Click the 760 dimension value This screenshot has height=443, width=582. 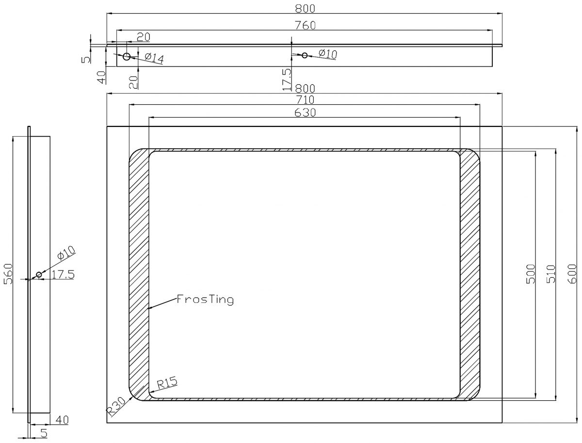point(306,26)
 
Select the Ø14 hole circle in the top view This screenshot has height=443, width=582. point(127,57)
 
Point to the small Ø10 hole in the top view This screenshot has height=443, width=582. point(305,55)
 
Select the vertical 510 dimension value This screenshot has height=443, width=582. point(550,274)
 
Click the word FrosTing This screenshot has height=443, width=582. point(205,300)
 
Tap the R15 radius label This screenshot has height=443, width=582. point(167,383)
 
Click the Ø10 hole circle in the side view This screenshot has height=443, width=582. point(39,275)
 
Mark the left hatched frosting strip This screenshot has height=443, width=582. point(139,274)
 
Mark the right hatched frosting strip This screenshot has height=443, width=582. point(469,274)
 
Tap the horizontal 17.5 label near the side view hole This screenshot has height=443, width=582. point(63,275)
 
